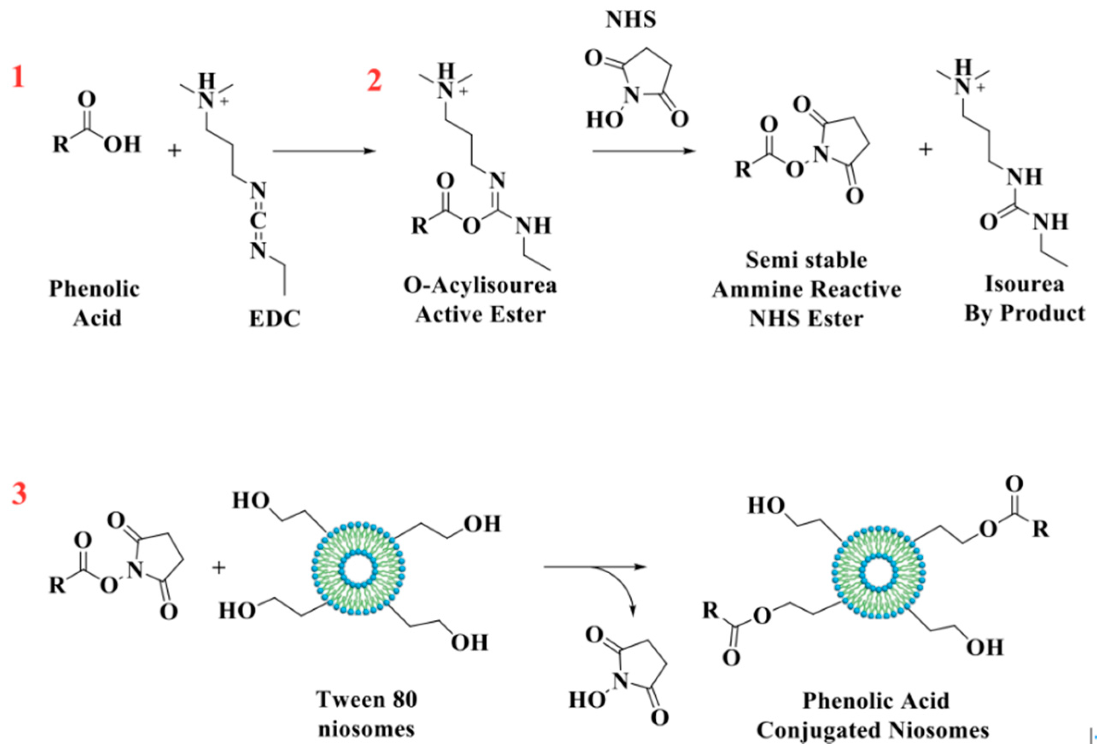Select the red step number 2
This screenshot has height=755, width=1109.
pyautogui.click(x=374, y=80)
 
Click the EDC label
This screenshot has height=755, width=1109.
pyautogui.click(x=274, y=319)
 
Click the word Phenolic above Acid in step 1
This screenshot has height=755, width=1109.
pyautogui.click(x=94, y=289)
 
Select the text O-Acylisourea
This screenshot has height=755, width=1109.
pyautogui.click(x=479, y=286)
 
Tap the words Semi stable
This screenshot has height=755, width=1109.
pyautogui.click(x=806, y=260)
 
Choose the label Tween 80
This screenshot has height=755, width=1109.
pyautogui.click(x=367, y=700)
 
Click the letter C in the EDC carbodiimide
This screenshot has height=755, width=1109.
pyautogui.click(x=258, y=221)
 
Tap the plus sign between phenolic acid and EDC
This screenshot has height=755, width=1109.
pyautogui.click(x=175, y=151)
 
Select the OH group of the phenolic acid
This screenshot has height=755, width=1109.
pyautogui.click(x=123, y=144)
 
